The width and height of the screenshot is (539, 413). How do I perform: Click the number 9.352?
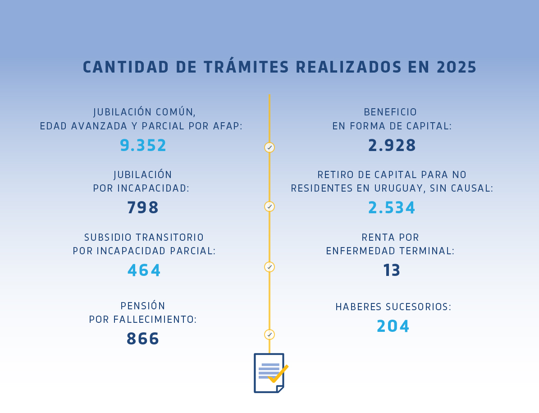(x=143, y=146)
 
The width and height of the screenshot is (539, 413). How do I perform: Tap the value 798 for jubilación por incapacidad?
(x=143, y=208)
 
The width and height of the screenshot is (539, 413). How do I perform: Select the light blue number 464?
(x=144, y=271)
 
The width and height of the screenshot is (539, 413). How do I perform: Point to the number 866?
(x=143, y=339)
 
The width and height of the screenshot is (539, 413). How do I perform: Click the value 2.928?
(x=392, y=146)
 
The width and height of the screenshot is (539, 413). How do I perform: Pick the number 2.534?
(x=392, y=208)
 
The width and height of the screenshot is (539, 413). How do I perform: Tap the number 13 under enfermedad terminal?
(x=392, y=271)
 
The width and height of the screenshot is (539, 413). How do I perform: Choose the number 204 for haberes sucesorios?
(x=393, y=326)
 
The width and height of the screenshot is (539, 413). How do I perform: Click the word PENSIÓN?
(x=143, y=306)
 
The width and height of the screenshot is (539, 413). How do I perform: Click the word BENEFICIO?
(x=390, y=112)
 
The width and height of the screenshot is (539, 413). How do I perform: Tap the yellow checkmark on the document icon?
(x=279, y=374)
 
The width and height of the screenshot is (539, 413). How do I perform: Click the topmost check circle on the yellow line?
(x=269, y=147)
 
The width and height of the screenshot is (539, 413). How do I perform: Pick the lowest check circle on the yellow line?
(x=269, y=335)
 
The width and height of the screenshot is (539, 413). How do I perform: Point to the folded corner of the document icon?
(x=280, y=389)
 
